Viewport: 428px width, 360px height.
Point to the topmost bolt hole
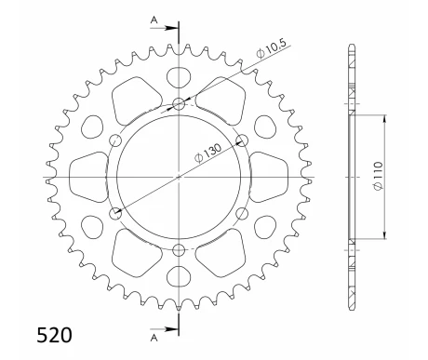178,103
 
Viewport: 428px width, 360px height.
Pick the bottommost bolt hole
178,248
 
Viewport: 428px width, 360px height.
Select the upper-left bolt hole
114,140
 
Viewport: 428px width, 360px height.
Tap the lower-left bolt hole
114,213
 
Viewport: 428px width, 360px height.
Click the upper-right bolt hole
241,140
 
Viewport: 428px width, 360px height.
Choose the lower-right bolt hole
241,213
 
